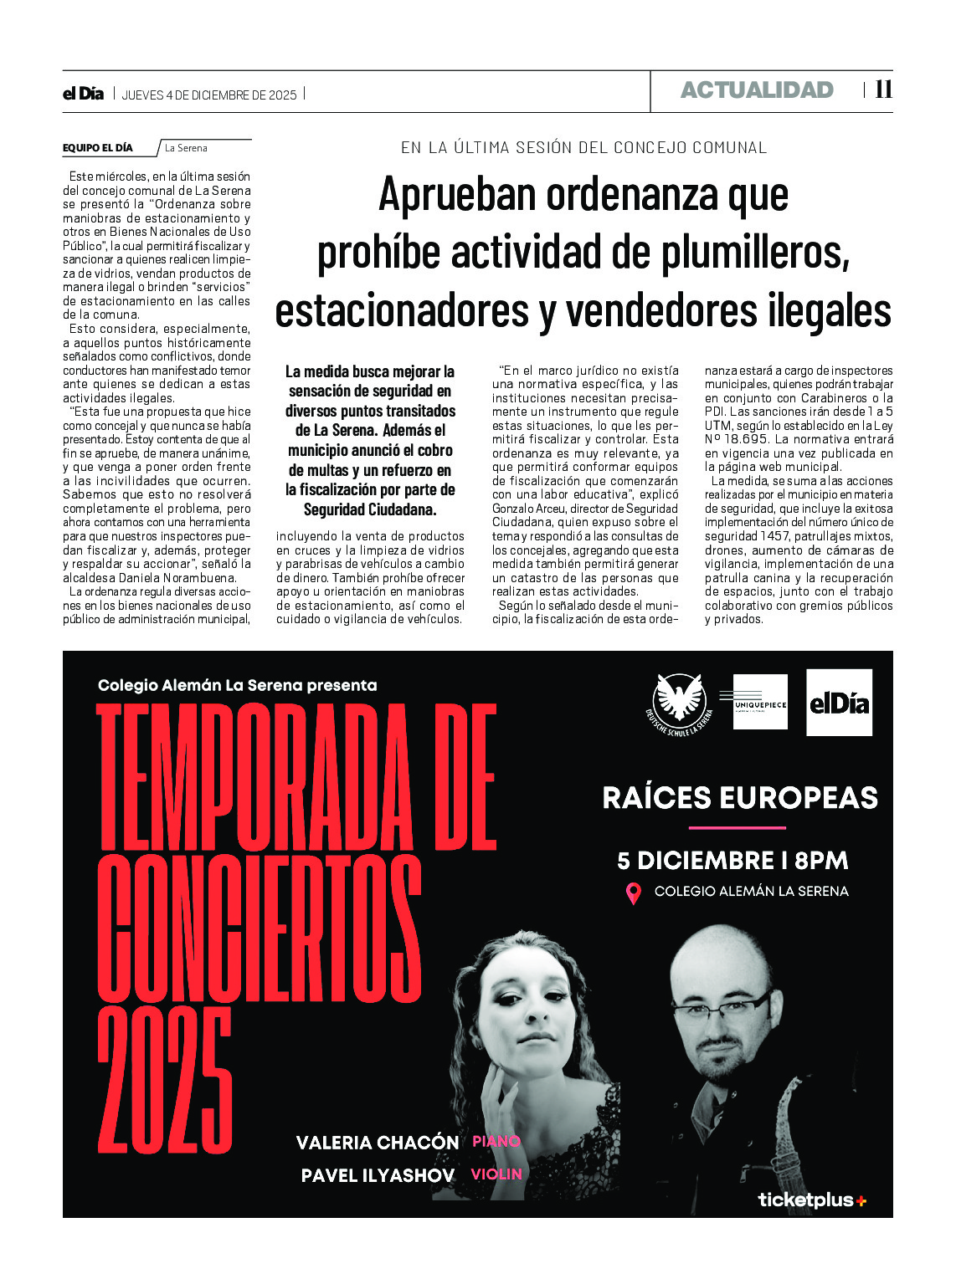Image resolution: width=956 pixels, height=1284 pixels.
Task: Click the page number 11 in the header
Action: click(883, 90)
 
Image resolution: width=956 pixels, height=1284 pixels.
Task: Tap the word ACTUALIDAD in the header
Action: click(757, 90)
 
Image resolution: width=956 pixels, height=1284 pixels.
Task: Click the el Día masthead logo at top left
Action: click(83, 94)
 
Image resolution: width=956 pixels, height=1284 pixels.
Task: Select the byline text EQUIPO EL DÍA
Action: click(98, 148)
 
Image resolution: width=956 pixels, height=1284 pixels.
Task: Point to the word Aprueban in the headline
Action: click(457, 194)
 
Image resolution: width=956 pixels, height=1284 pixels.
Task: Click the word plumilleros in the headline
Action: click(755, 253)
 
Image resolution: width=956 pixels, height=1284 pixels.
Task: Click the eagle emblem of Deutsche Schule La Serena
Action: click(679, 701)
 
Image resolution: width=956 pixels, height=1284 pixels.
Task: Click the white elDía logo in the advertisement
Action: click(839, 703)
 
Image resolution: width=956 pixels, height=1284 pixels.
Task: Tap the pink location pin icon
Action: click(634, 893)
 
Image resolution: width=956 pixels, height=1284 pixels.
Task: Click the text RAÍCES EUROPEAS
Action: click(740, 798)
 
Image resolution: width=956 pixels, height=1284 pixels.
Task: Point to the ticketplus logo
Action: click(811, 1200)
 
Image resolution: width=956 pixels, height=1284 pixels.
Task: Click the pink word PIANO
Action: click(496, 1141)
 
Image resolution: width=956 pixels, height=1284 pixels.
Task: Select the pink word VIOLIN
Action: click(496, 1174)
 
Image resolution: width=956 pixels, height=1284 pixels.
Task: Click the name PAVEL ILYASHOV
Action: click(378, 1175)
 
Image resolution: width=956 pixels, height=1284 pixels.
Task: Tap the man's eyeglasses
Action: click(730, 1004)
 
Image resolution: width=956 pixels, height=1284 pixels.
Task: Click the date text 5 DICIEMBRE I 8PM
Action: click(732, 861)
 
